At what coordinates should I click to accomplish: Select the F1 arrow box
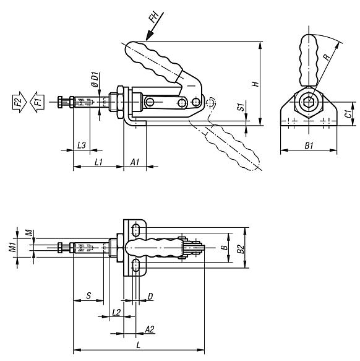pos(38,100)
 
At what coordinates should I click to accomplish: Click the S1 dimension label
pos(240,108)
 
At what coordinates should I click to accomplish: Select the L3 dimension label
pos(80,144)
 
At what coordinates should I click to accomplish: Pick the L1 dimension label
pos(98,162)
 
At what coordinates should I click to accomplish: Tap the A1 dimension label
pos(135,162)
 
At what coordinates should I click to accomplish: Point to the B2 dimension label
pos(241,248)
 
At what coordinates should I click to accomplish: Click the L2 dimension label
pos(116,312)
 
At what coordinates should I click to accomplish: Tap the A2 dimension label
pos(149,328)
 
